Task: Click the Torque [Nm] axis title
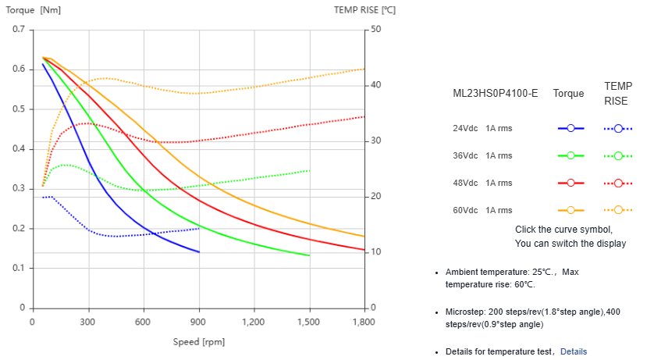click(x=34, y=10)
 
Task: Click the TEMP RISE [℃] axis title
click(x=364, y=10)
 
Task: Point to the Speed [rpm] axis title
click(x=198, y=342)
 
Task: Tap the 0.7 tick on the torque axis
click(x=18, y=30)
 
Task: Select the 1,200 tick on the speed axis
click(x=254, y=322)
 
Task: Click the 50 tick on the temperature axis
click(x=376, y=30)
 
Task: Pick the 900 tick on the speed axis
click(x=199, y=322)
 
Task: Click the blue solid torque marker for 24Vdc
click(x=570, y=128)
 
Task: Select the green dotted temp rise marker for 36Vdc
click(x=618, y=155)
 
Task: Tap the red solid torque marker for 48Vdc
click(x=570, y=183)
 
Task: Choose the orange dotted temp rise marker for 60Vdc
click(x=618, y=210)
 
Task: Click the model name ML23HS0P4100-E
click(x=496, y=94)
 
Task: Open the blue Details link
click(x=573, y=351)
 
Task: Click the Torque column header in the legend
click(x=568, y=94)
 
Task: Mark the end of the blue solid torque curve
click(x=199, y=252)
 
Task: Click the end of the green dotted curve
click(x=310, y=170)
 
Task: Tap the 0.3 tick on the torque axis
click(x=18, y=189)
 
